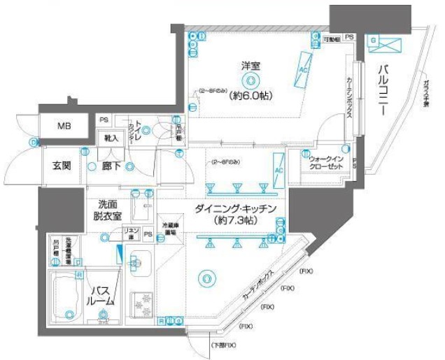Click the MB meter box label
(64, 127)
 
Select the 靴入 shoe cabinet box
(111, 138)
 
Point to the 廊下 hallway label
(114, 166)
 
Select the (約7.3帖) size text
(236, 221)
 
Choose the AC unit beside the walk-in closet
(278, 171)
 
